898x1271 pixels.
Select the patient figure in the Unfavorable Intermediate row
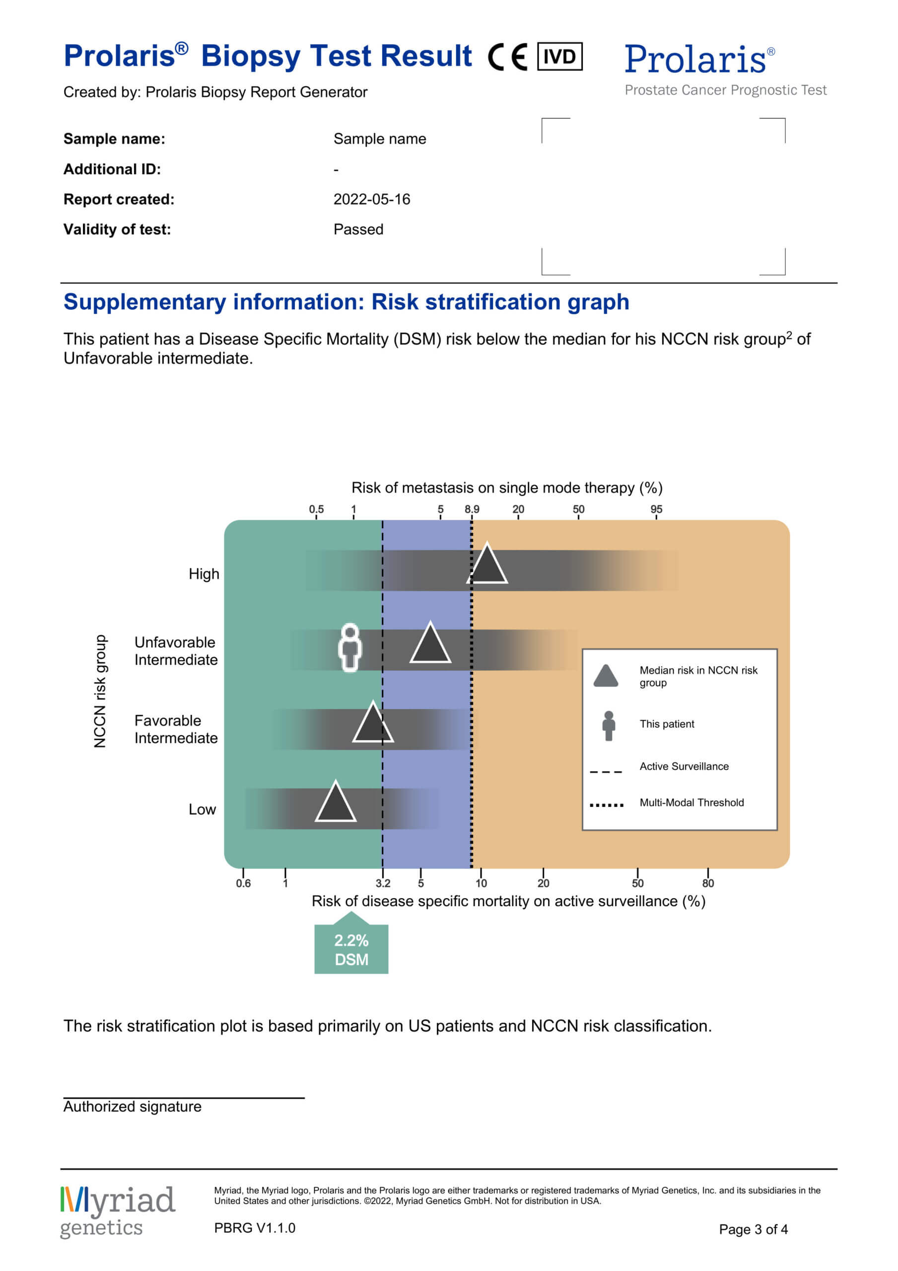click(350, 648)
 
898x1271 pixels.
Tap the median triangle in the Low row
click(336, 804)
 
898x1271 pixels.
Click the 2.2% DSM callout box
click(351, 949)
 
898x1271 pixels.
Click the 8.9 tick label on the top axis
click(472, 509)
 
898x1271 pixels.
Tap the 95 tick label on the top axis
click(656, 509)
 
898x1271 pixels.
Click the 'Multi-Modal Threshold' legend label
click(691, 803)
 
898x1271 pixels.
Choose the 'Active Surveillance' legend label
click(684, 766)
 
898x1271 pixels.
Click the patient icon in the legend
click(609, 726)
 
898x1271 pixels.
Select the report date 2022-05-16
click(371, 199)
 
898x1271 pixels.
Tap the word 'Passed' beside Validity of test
click(358, 229)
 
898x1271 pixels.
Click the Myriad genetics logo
click(117, 1212)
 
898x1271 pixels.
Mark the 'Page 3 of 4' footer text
click(753, 1229)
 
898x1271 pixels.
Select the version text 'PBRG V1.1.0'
click(255, 1228)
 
